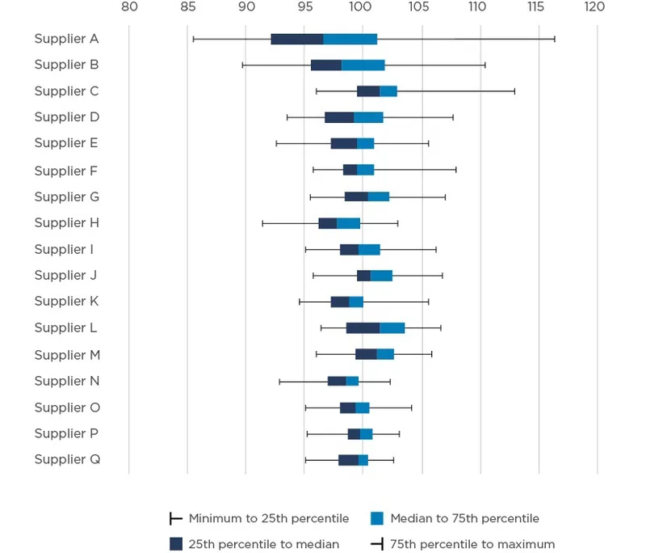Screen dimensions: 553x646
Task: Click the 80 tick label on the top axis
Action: click(x=129, y=7)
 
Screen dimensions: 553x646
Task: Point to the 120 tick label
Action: click(x=595, y=7)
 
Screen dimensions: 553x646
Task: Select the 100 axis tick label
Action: click(x=362, y=7)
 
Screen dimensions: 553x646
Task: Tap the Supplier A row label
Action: click(x=66, y=39)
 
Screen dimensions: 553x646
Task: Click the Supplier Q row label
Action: click(x=67, y=460)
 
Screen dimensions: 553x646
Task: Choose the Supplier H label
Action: click(x=66, y=223)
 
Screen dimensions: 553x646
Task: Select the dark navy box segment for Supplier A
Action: click(x=297, y=39)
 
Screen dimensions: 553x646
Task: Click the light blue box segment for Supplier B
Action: click(x=363, y=65)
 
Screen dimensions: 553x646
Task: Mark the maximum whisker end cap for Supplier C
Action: click(x=514, y=91)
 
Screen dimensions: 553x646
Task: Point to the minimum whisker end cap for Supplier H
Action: click(x=262, y=223)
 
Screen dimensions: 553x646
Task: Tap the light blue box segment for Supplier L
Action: click(x=392, y=328)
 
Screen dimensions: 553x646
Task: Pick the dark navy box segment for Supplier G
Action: click(x=356, y=196)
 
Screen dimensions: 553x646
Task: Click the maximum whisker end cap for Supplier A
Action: click(x=555, y=39)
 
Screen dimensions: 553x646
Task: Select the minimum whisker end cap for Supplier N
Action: click(x=279, y=381)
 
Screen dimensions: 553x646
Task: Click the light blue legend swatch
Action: click(x=376, y=518)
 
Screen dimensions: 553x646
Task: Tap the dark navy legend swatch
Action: click(x=175, y=544)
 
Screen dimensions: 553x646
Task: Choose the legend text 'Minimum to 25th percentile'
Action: click(x=269, y=518)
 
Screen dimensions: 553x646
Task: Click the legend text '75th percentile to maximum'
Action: click(x=472, y=544)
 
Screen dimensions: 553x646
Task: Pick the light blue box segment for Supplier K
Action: click(x=356, y=302)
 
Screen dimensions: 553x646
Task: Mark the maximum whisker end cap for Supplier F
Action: click(x=456, y=170)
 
